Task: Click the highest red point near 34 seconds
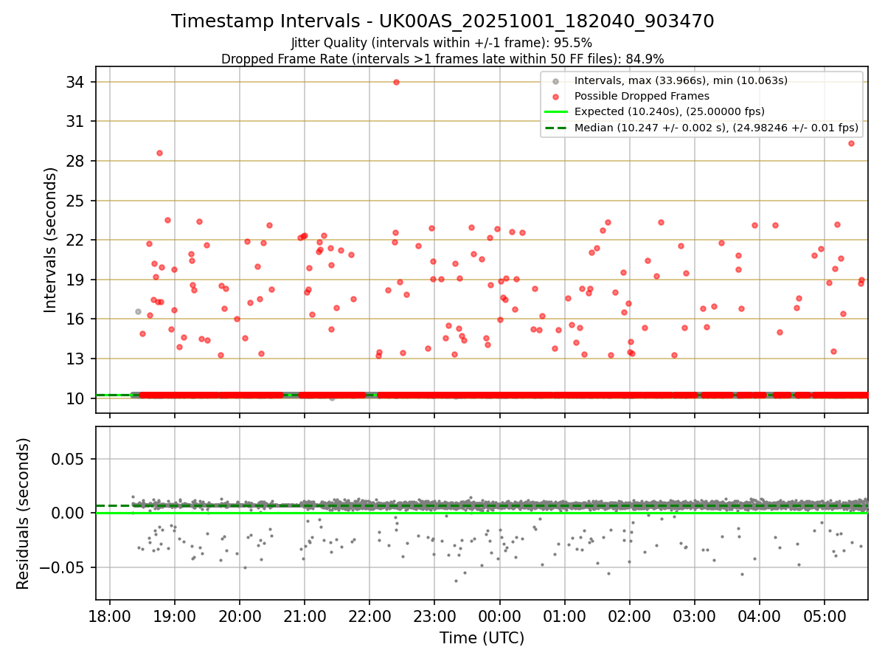click(x=396, y=82)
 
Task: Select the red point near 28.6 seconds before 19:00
click(x=159, y=153)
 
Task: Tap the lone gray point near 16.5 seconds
click(x=138, y=311)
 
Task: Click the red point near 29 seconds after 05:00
click(x=851, y=143)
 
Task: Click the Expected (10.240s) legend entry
click(x=669, y=111)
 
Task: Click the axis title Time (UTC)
click(x=482, y=638)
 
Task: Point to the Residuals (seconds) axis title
click(x=24, y=513)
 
